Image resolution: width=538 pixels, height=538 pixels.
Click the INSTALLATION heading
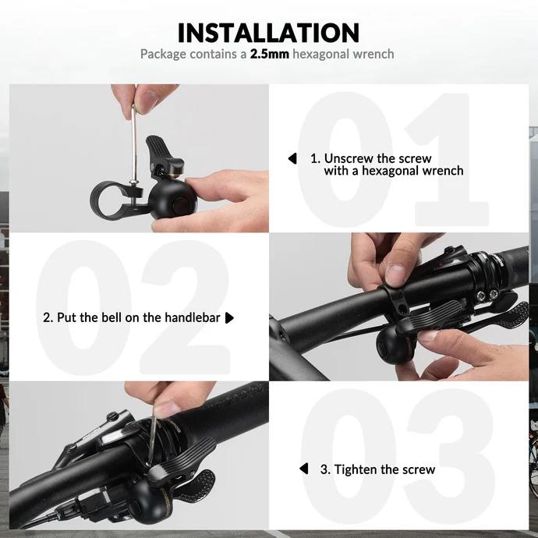(x=268, y=33)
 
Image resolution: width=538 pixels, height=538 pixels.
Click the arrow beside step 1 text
(x=292, y=158)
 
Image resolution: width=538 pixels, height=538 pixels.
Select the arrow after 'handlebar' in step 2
(x=229, y=318)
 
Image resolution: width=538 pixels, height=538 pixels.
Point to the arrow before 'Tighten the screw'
(x=304, y=469)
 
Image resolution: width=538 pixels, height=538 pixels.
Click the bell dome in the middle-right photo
(x=395, y=342)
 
